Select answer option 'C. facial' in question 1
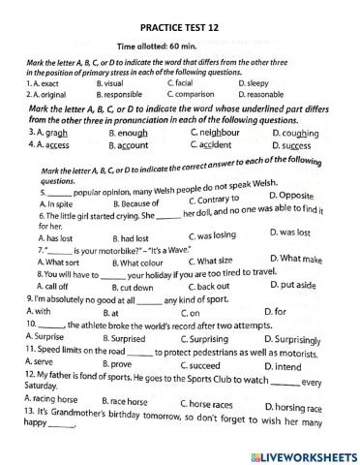(184, 83)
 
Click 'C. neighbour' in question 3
(216, 132)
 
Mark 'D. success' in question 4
(295, 147)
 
